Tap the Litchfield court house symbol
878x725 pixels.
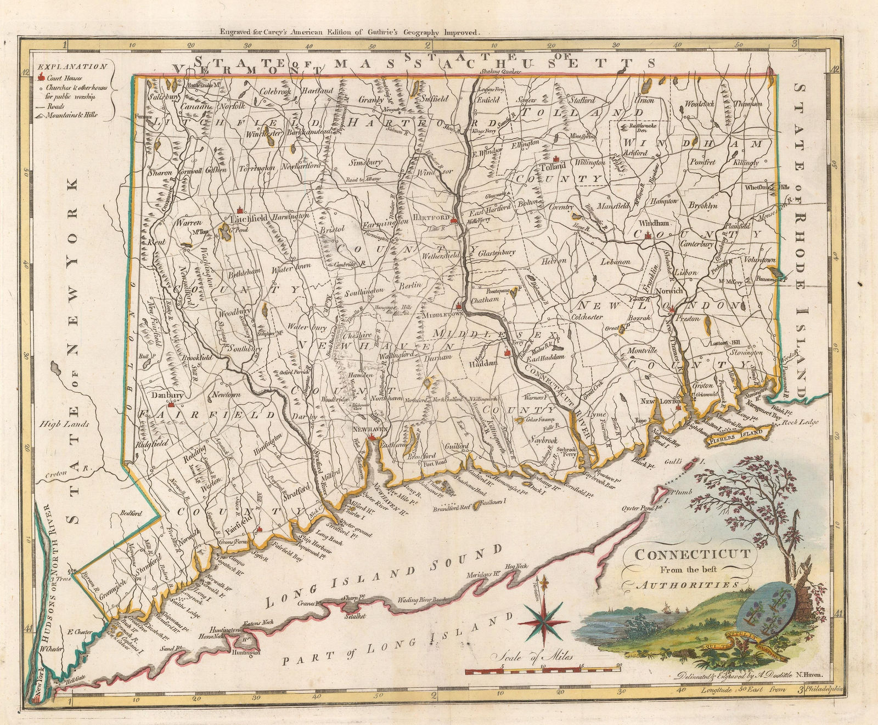pos(239,210)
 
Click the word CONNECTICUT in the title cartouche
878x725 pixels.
pos(693,553)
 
